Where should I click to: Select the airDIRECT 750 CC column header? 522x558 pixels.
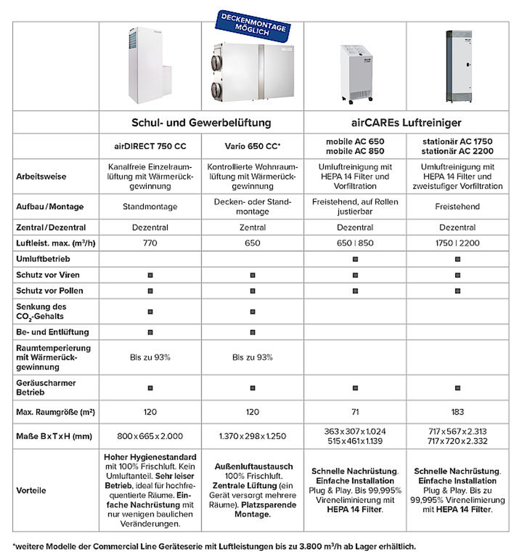tap(150, 146)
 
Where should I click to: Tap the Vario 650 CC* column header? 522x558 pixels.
tap(253, 146)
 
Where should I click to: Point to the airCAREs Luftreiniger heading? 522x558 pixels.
tap(406, 123)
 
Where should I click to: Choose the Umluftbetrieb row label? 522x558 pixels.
tap(43, 259)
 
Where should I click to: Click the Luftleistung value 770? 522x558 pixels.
tap(150, 243)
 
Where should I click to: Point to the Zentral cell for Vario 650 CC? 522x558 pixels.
tap(253, 227)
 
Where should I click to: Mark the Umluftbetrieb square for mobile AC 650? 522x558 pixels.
tap(355, 259)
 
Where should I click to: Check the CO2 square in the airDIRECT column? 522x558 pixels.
tap(150, 312)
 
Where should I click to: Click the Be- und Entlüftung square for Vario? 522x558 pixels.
tap(253, 332)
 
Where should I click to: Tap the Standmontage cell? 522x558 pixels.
tap(150, 207)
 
